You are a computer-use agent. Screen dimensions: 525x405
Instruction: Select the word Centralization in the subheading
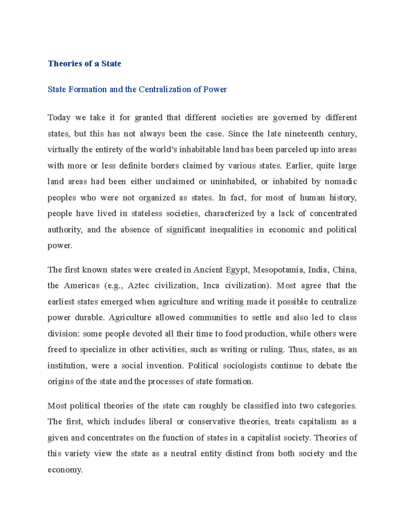(164, 89)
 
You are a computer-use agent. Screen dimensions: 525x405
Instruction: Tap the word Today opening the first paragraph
(59, 118)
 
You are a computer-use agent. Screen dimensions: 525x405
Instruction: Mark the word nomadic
(341, 182)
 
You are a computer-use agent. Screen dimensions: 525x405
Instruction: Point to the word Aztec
(138, 286)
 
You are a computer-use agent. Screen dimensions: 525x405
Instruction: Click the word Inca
(211, 286)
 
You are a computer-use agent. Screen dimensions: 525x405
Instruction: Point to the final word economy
(65, 470)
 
